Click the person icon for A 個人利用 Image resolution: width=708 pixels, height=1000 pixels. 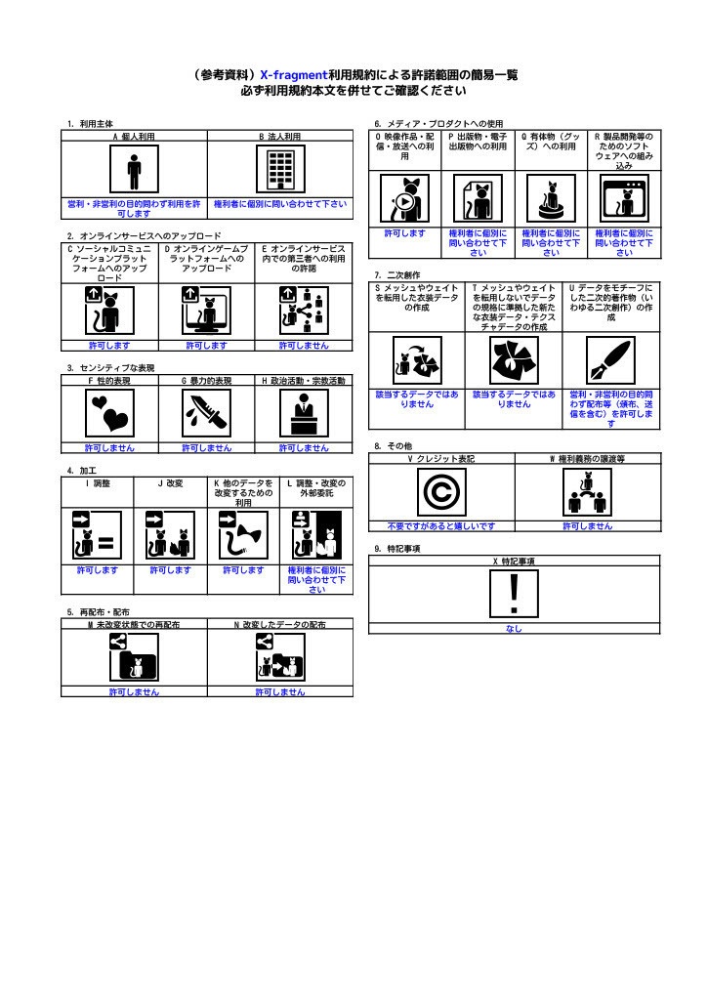[x=134, y=173]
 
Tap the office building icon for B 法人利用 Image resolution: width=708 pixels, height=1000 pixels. [x=280, y=173]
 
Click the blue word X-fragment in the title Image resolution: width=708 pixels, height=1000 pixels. [x=293, y=74]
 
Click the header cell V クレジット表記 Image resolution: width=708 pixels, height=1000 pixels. [x=440, y=458]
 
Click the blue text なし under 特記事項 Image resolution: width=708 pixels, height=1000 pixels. [x=514, y=629]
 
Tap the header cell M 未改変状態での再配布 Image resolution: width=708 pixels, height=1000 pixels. [x=134, y=624]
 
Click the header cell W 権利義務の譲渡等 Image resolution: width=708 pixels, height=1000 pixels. [x=587, y=458]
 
